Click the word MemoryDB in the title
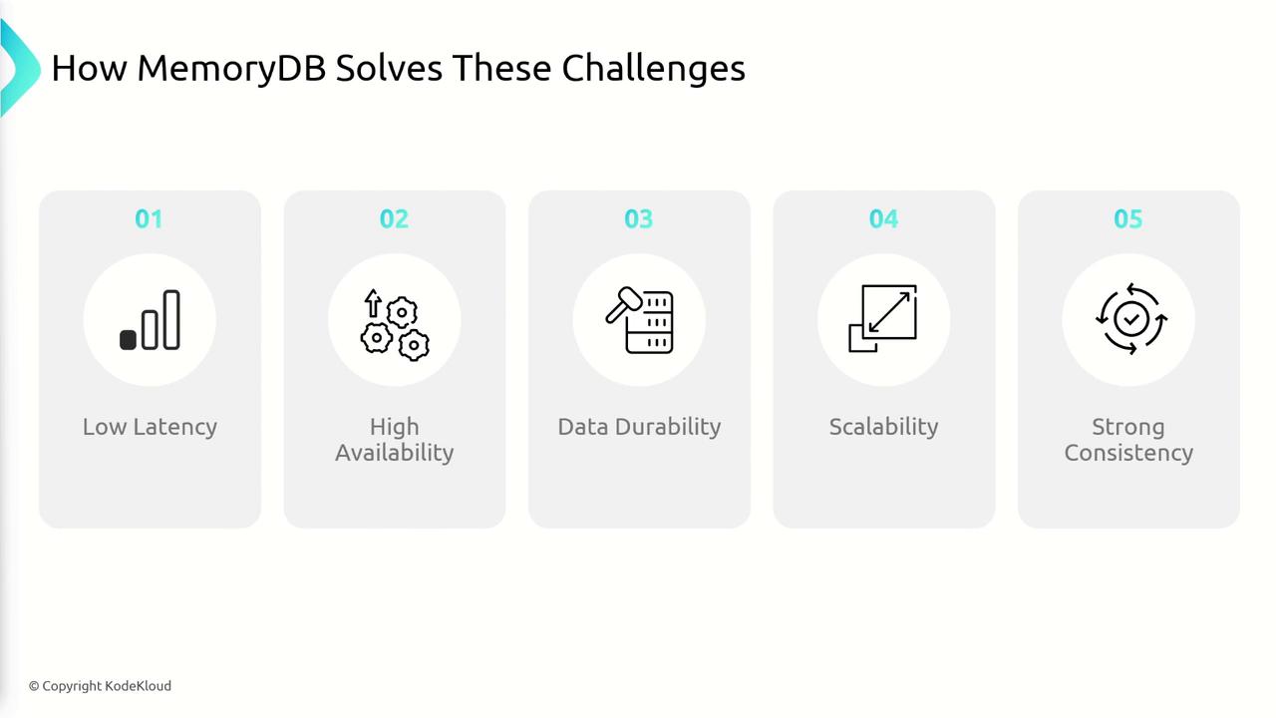pos(231,69)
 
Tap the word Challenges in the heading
pos(653,68)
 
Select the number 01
pos(149,218)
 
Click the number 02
pos(394,218)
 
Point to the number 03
pos(639,218)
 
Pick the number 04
pos(883,218)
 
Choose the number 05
pos(1127,218)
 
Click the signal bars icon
pos(150,320)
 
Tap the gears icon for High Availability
pos(395,325)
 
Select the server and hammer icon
pos(639,320)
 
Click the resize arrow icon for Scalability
pos(883,318)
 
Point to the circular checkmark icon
pos(1131,319)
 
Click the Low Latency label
pos(150,427)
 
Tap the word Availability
pos(394,453)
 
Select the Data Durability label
pos(639,427)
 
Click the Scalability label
pos(883,427)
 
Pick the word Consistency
pos(1128,453)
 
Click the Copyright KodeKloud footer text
pos(101,686)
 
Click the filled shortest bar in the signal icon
pos(128,340)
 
